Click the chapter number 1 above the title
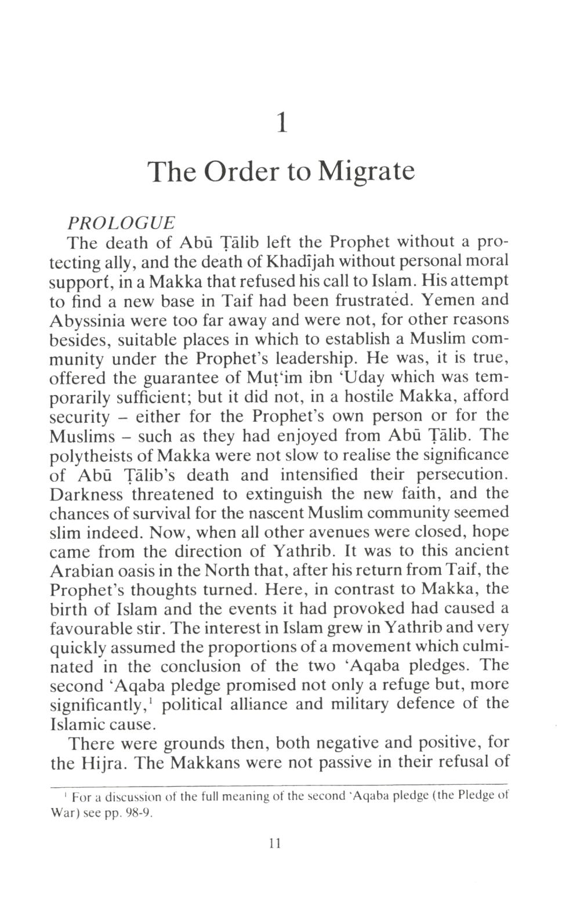tap(281, 123)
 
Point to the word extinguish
tap(284, 494)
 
